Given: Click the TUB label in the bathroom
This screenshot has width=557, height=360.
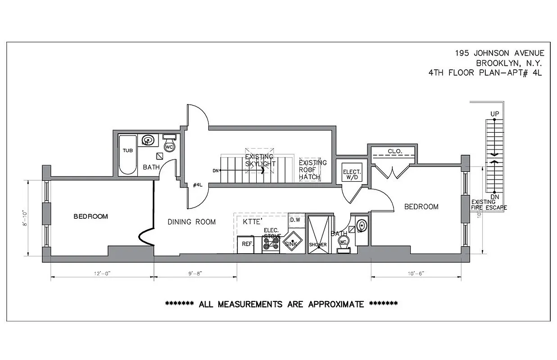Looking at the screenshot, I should tap(128, 150).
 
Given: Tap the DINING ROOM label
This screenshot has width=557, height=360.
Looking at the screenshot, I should tap(191, 222).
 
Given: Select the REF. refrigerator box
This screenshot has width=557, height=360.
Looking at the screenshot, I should tap(246, 244).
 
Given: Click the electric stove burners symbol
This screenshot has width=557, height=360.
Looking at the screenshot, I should tap(271, 243).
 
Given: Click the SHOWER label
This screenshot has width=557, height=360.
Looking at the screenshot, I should tap(317, 244).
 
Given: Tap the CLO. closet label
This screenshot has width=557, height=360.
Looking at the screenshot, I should tap(395, 151).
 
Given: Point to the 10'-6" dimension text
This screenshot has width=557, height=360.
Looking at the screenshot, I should tap(415, 273).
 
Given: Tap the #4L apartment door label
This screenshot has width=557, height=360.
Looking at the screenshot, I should tap(197, 184).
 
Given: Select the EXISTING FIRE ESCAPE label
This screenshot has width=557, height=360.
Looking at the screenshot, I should tap(489, 205).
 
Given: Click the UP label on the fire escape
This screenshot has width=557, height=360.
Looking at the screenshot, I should tap(494, 114).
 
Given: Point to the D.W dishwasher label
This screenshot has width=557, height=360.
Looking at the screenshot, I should tap(295, 220).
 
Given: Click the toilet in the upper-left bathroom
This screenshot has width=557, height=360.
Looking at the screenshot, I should tap(169, 146).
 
